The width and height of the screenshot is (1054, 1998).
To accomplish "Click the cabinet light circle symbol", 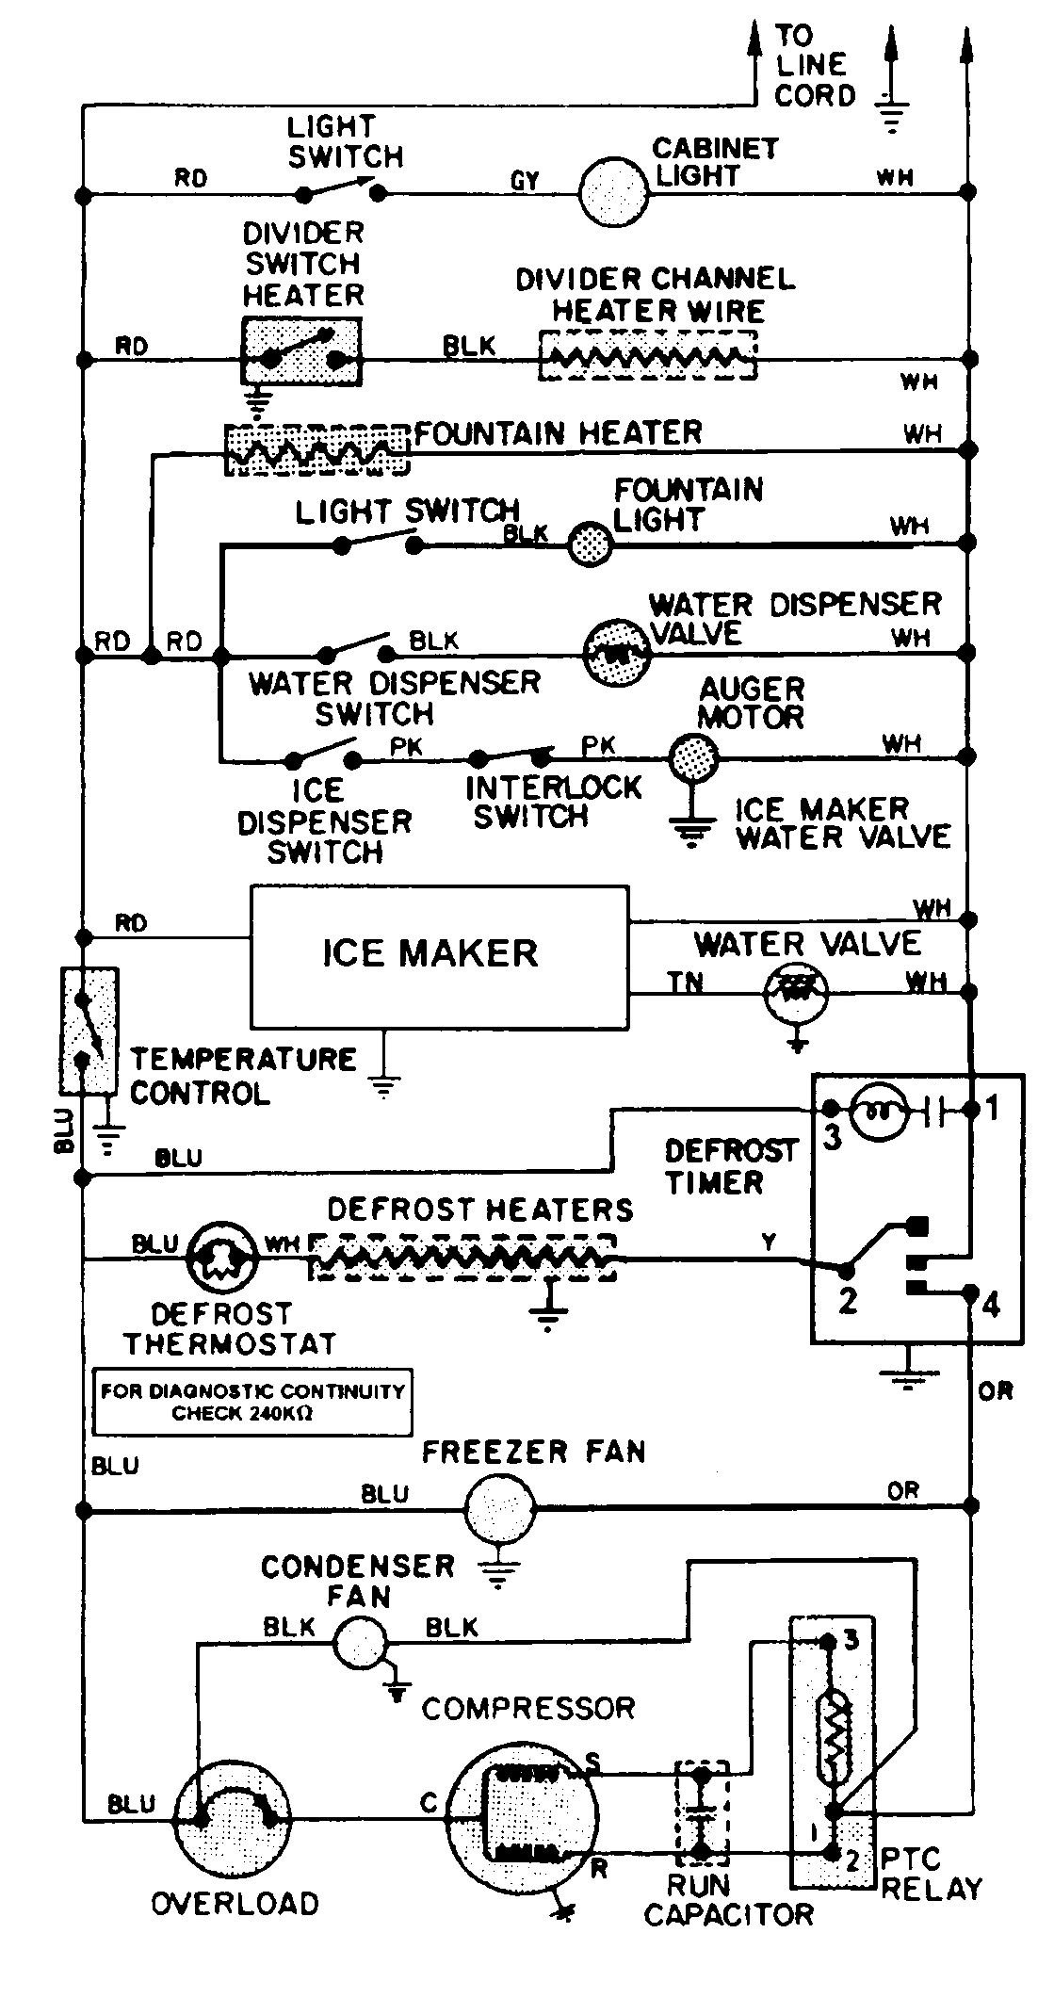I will (x=613, y=192).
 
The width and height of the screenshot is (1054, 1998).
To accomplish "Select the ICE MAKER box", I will (x=439, y=955).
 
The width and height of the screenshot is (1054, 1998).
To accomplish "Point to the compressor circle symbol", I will (x=521, y=1820).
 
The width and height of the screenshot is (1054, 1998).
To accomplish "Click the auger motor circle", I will (x=694, y=755).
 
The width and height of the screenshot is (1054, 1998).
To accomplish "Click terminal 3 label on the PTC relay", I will (x=851, y=1641).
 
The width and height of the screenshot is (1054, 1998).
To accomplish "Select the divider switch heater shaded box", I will (x=301, y=350).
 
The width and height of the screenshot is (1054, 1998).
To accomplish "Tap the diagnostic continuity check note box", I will (x=252, y=1402).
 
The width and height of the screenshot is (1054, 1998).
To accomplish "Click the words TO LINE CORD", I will (x=814, y=66).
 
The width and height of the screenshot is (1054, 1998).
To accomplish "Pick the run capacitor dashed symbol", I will (x=702, y=1811).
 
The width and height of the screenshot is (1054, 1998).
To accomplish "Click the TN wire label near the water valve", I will (x=686, y=983).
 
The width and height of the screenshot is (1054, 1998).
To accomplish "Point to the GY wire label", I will (x=525, y=181).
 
